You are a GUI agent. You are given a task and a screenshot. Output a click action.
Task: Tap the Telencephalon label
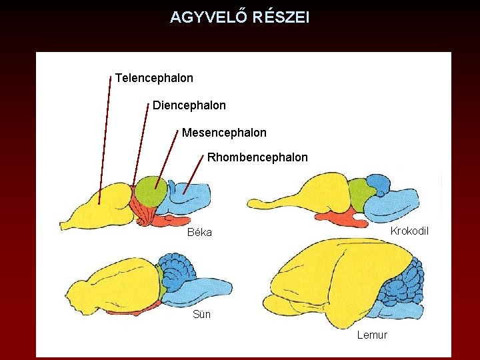(154, 78)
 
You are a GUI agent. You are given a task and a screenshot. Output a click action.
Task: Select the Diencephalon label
(189, 105)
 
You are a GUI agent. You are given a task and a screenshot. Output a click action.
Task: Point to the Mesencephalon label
(224, 133)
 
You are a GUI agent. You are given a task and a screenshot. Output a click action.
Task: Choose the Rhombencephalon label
(257, 158)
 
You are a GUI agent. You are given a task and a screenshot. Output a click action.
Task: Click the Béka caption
(199, 233)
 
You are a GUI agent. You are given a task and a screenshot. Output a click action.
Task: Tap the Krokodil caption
(409, 231)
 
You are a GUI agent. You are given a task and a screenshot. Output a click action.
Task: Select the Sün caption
(201, 315)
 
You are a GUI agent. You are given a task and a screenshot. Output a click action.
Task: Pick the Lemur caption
(372, 335)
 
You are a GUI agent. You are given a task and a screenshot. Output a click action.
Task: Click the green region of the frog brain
(152, 191)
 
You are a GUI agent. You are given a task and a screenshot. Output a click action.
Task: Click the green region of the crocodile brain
(359, 189)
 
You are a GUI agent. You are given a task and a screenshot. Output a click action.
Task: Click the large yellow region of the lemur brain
(327, 273)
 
